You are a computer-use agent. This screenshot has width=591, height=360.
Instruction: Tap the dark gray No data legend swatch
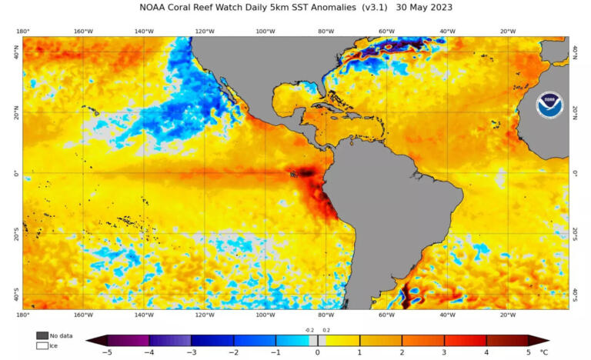click(x=42, y=335)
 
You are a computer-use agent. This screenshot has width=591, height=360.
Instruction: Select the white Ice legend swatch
click(x=42, y=345)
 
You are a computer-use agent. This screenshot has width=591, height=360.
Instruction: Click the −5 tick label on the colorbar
click(x=106, y=352)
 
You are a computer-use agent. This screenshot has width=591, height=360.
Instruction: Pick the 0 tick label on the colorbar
click(x=317, y=352)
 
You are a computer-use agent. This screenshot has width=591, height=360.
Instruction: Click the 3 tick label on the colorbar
click(x=444, y=352)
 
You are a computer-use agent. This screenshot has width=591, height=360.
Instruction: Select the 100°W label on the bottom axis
click(x=265, y=315)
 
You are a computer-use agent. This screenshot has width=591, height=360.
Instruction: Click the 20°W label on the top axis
click(x=507, y=32)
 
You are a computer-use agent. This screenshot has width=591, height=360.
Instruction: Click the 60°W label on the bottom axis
click(x=386, y=315)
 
